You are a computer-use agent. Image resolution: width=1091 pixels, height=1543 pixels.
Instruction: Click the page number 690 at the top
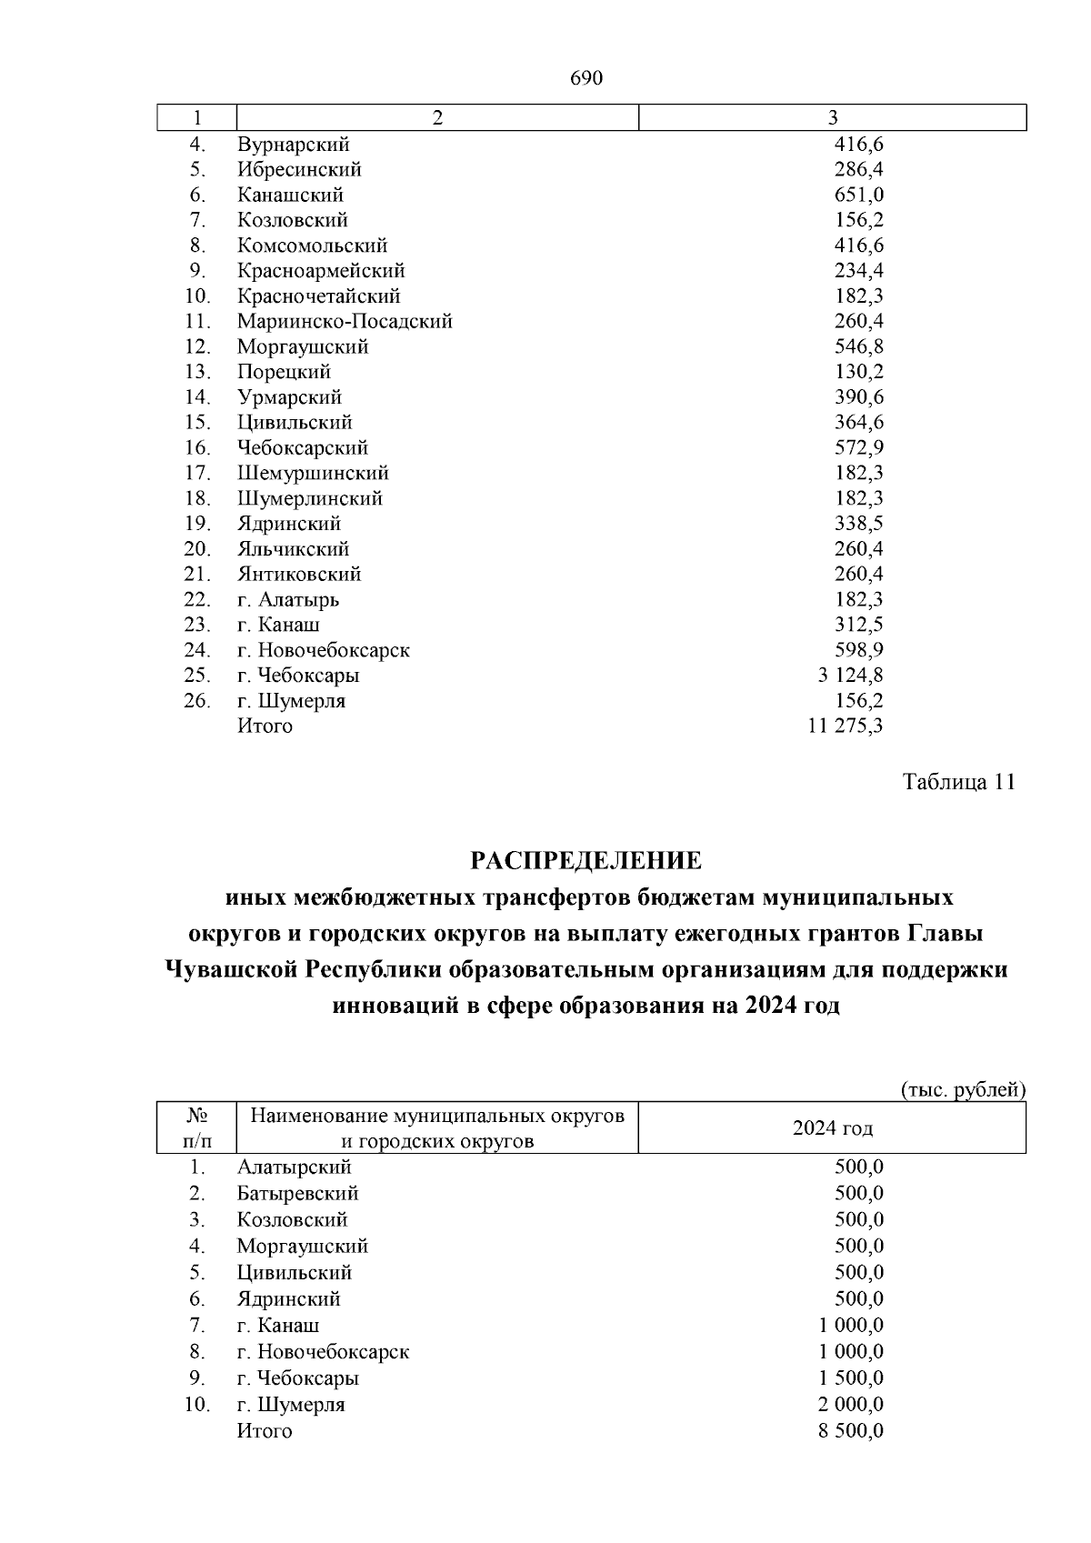[586, 79]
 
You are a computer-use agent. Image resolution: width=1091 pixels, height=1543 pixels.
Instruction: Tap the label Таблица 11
[957, 782]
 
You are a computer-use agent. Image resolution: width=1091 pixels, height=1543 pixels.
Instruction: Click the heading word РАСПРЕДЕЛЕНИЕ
[586, 859]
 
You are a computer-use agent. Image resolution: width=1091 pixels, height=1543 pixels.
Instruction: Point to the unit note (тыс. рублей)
[963, 1088]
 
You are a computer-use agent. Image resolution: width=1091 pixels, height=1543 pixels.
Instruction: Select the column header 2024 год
[832, 1128]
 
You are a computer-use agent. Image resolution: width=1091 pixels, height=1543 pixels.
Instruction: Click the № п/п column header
[197, 1128]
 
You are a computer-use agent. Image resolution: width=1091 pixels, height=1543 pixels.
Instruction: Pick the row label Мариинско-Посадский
[345, 321]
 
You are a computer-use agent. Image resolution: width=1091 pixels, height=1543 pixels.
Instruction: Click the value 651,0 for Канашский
[858, 195]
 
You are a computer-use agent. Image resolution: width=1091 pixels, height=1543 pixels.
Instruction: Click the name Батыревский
[297, 1193]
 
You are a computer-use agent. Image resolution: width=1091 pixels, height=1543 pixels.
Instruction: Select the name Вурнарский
[293, 145]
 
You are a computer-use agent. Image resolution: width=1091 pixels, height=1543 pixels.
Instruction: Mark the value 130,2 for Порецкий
[858, 372]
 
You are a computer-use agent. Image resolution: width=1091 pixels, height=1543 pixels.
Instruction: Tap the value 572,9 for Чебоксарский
[858, 447]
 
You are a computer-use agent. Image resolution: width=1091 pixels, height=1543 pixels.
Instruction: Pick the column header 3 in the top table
[832, 118]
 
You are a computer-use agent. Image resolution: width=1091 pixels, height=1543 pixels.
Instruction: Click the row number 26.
[197, 701]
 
